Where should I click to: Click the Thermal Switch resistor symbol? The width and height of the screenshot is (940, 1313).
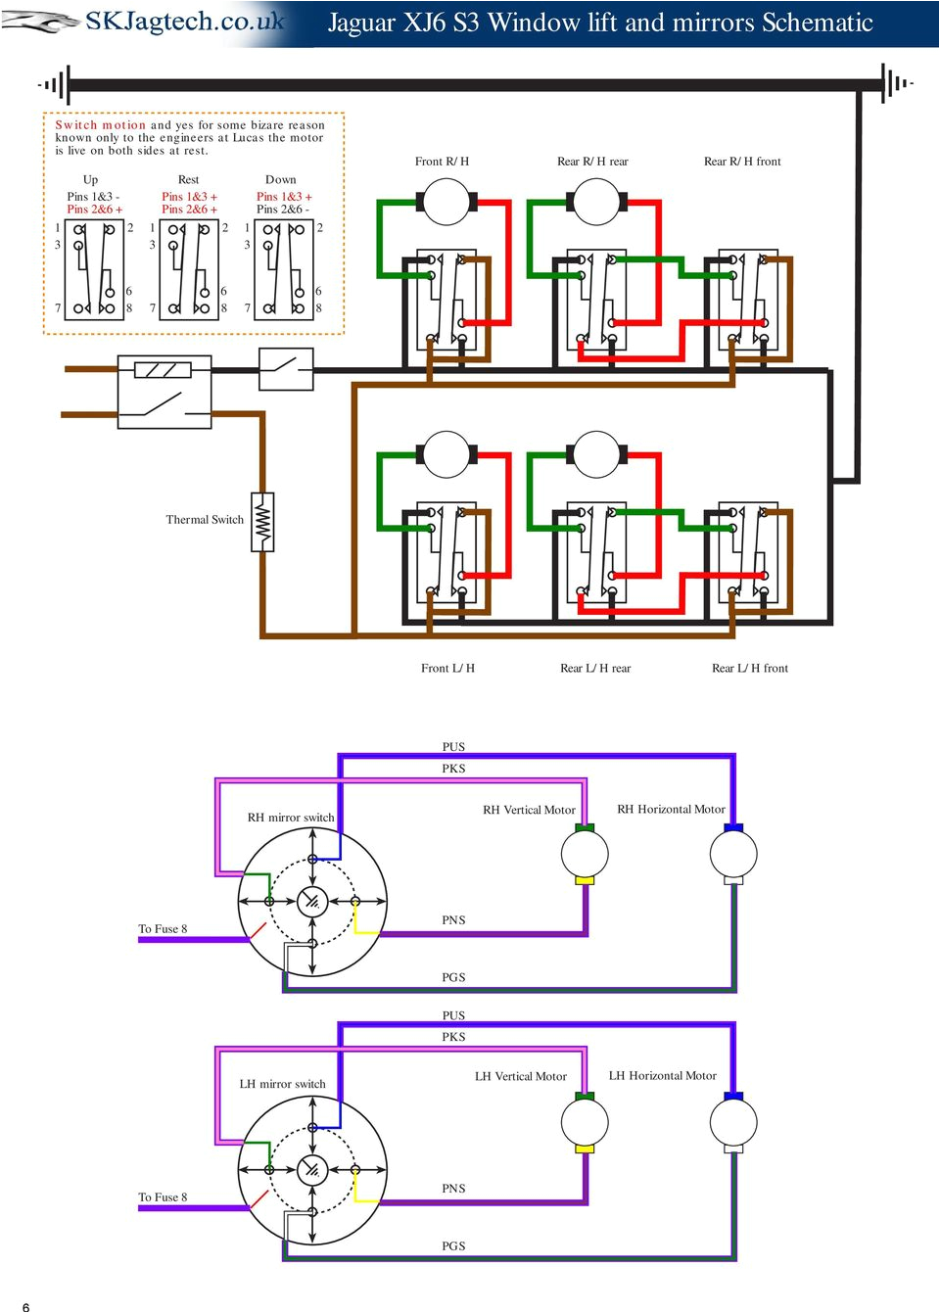[x=262, y=523]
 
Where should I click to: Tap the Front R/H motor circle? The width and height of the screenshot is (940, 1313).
[x=446, y=203]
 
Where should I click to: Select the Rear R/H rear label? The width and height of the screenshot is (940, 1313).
[x=592, y=162]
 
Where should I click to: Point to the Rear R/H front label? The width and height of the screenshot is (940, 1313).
[x=742, y=162]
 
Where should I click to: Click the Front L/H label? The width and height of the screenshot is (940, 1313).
[x=447, y=668]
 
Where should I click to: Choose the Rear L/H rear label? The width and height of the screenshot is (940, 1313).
[x=595, y=668]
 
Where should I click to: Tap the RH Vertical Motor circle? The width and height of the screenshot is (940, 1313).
[x=585, y=854]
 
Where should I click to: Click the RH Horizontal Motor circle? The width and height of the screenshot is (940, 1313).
[x=733, y=854]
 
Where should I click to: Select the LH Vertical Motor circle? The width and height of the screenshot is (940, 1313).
[x=585, y=1122]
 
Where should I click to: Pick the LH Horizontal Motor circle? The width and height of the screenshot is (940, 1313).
[x=733, y=1122]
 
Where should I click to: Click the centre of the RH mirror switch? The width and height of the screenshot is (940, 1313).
[x=312, y=901]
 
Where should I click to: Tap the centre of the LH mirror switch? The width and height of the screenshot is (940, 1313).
[x=312, y=1169]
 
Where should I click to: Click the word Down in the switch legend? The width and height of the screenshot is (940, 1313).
[x=280, y=179]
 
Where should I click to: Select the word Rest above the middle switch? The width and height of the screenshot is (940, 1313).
[x=188, y=179]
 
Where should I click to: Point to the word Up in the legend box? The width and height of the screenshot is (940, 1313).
[x=90, y=179]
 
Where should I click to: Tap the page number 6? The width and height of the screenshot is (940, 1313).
[x=25, y=1306]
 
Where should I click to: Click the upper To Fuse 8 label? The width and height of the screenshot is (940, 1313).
[x=163, y=928]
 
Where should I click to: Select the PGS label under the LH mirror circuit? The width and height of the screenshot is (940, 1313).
[x=453, y=1245]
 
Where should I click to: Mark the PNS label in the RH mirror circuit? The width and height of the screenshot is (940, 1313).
[x=453, y=919]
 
